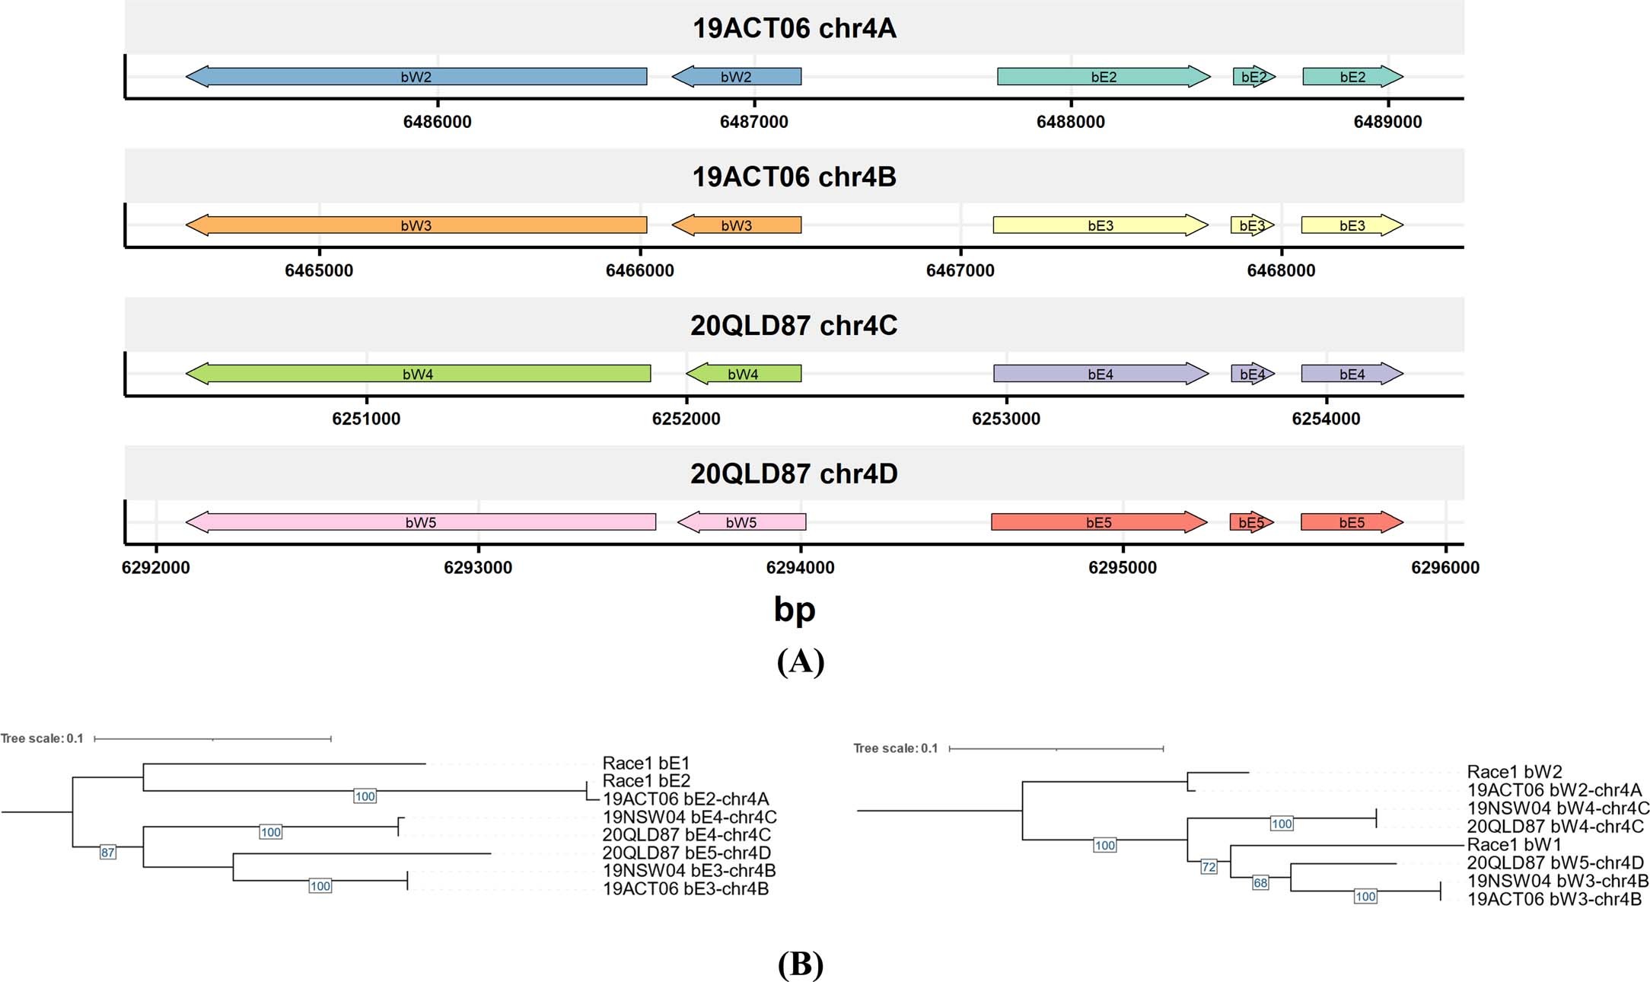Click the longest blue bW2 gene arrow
(416, 76)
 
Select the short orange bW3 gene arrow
(736, 225)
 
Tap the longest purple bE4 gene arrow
(1101, 374)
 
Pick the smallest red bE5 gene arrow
(1251, 522)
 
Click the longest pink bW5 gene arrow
(421, 522)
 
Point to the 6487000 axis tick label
(754, 122)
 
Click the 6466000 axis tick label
(639, 270)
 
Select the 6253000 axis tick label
(1006, 419)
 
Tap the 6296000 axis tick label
(1445, 567)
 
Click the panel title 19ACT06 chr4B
(794, 177)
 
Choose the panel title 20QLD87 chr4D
(794, 473)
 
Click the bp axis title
(794, 609)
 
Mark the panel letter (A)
(800, 661)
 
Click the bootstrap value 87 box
(108, 853)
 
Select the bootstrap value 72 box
(1209, 866)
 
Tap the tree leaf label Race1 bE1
(645, 763)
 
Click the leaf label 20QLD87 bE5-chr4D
(686, 853)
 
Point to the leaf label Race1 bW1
(1514, 844)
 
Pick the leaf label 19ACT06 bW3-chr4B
(1554, 899)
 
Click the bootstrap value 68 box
(1260, 883)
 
